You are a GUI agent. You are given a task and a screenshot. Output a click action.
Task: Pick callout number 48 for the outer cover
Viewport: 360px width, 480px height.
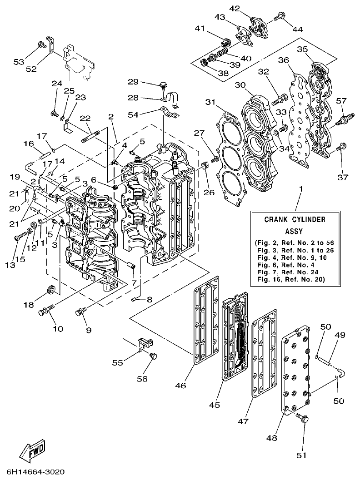pyautogui.click(x=272, y=438)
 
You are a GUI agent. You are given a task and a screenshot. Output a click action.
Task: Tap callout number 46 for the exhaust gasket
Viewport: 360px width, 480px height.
pyautogui.click(x=181, y=386)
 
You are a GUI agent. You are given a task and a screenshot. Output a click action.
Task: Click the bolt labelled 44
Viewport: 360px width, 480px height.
pyautogui.click(x=280, y=17)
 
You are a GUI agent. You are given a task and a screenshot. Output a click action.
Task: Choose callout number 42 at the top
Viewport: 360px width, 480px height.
pyautogui.click(x=235, y=9)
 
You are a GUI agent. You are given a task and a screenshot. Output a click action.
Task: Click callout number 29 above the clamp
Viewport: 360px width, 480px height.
pyautogui.click(x=133, y=82)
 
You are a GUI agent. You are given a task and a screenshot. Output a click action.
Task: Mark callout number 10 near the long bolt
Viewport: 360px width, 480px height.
pyautogui.click(x=59, y=328)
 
